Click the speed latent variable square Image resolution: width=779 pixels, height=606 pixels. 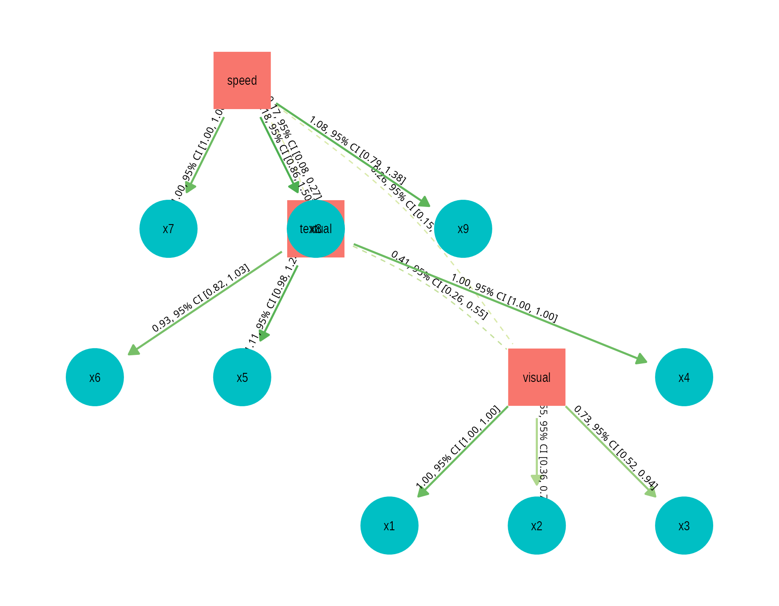[x=242, y=80]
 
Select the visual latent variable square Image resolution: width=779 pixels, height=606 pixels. [x=536, y=377]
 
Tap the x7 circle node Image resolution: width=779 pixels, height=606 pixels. [x=168, y=229]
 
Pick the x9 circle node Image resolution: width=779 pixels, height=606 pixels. [x=463, y=229]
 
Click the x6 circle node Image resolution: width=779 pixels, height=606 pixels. [x=95, y=377]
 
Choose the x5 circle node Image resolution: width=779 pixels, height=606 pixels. [x=242, y=377]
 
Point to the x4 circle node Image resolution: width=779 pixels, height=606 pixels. [x=684, y=377]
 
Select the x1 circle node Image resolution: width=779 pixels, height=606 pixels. [x=389, y=525]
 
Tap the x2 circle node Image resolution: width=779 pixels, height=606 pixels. [x=536, y=525]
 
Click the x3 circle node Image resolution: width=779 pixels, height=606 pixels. [x=684, y=525]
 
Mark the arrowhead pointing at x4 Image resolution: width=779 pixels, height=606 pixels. [x=642, y=360]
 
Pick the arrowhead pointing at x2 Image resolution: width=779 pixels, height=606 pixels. [x=536, y=480]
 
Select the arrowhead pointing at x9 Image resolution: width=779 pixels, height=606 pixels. [x=425, y=202]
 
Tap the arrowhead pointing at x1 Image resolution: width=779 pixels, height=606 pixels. [x=422, y=492]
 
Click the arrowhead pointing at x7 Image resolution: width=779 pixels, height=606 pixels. [x=190, y=187]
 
